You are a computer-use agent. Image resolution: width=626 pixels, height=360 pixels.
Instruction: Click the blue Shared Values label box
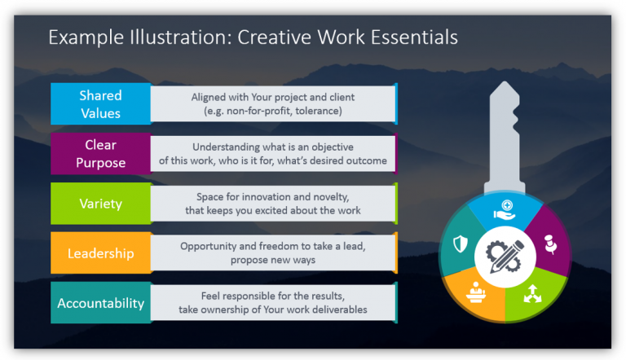[x=100, y=104]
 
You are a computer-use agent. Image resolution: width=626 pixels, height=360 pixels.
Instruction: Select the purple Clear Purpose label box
[x=100, y=153]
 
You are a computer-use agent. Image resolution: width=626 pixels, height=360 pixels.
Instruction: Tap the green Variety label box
[x=100, y=203]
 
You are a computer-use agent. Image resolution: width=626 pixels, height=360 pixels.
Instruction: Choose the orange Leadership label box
[x=100, y=253]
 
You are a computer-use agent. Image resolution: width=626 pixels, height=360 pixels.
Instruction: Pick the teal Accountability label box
[x=100, y=303]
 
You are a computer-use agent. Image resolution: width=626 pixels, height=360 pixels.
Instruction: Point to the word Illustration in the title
[x=173, y=37]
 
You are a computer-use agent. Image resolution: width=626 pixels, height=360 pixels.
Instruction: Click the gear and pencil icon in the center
[x=505, y=255]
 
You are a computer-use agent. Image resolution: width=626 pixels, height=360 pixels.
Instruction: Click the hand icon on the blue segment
[x=505, y=209]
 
